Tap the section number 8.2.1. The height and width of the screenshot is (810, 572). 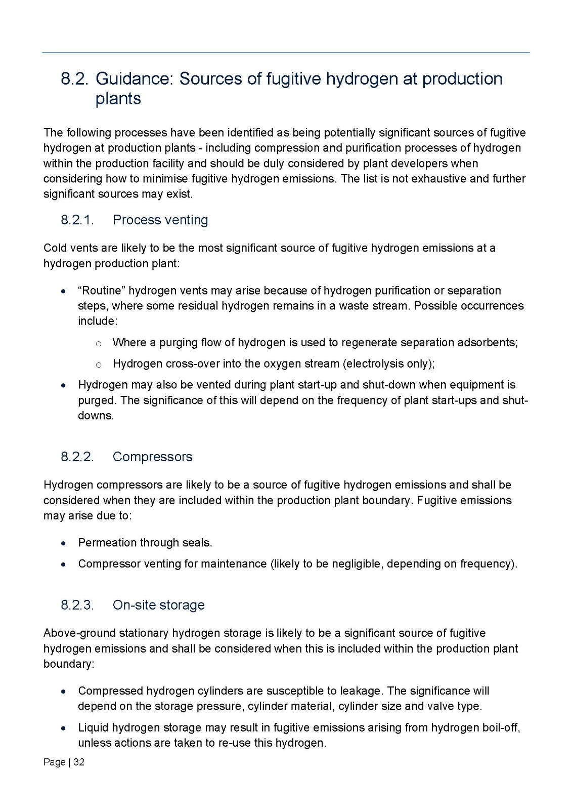click(77, 220)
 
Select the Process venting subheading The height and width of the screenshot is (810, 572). click(160, 220)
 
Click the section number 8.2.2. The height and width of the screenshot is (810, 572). click(77, 457)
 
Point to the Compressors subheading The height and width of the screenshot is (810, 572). click(152, 457)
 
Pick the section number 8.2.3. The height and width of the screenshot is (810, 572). click(77, 605)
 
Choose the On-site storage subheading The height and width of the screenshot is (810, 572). click(158, 605)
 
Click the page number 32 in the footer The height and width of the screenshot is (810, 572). click(79, 762)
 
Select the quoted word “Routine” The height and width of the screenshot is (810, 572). click(102, 291)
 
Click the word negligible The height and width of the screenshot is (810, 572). click(359, 564)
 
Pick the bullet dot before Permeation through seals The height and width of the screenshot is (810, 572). click(63, 543)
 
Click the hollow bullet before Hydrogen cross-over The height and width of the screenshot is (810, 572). click(99, 364)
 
